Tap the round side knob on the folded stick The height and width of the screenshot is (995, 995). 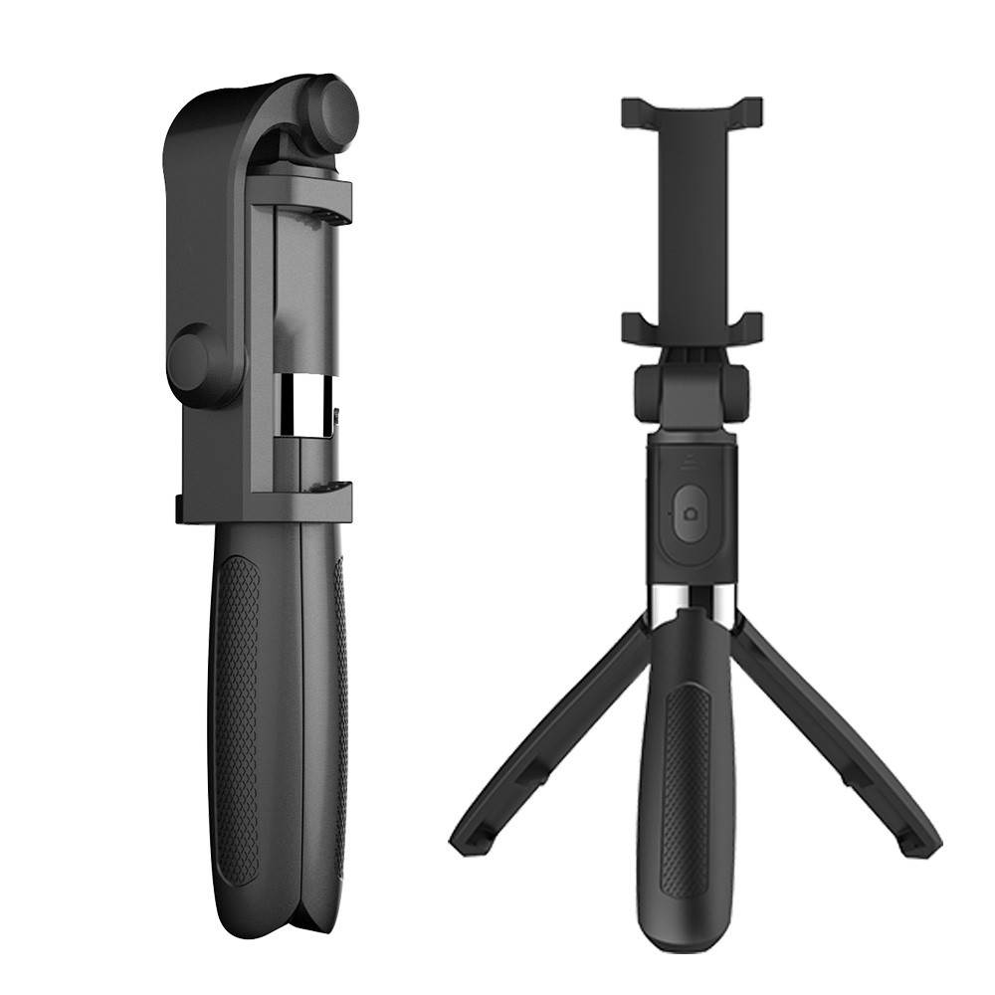coord(195,362)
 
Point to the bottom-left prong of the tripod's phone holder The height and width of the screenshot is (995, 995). coord(637,326)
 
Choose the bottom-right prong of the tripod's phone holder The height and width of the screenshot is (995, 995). coord(746,326)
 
